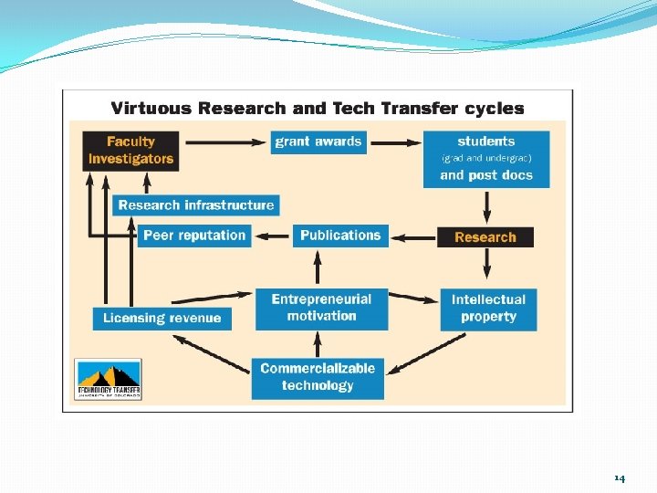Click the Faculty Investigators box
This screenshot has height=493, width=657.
pos(130,150)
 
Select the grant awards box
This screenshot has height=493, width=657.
pos(318,142)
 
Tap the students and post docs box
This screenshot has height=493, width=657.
pos(485,158)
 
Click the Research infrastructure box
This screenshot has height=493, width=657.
pos(195,205)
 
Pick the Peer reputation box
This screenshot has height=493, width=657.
pos(194,236)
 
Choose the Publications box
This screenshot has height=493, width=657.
pos(340,236)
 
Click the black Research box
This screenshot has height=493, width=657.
pos(485,237)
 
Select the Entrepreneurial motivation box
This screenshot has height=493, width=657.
pos(321,309)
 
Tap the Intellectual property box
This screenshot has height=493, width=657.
pos(488,309)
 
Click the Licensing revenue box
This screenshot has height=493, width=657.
pos(162,318)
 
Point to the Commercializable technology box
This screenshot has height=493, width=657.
pos(318,377)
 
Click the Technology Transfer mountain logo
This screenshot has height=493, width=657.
pos(108,379)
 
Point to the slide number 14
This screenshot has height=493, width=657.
pos(620,477)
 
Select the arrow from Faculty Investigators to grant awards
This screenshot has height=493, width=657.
pos(223,142)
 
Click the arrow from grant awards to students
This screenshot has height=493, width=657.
pos(395,142)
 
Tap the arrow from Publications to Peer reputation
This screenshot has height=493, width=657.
pos(273,236)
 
